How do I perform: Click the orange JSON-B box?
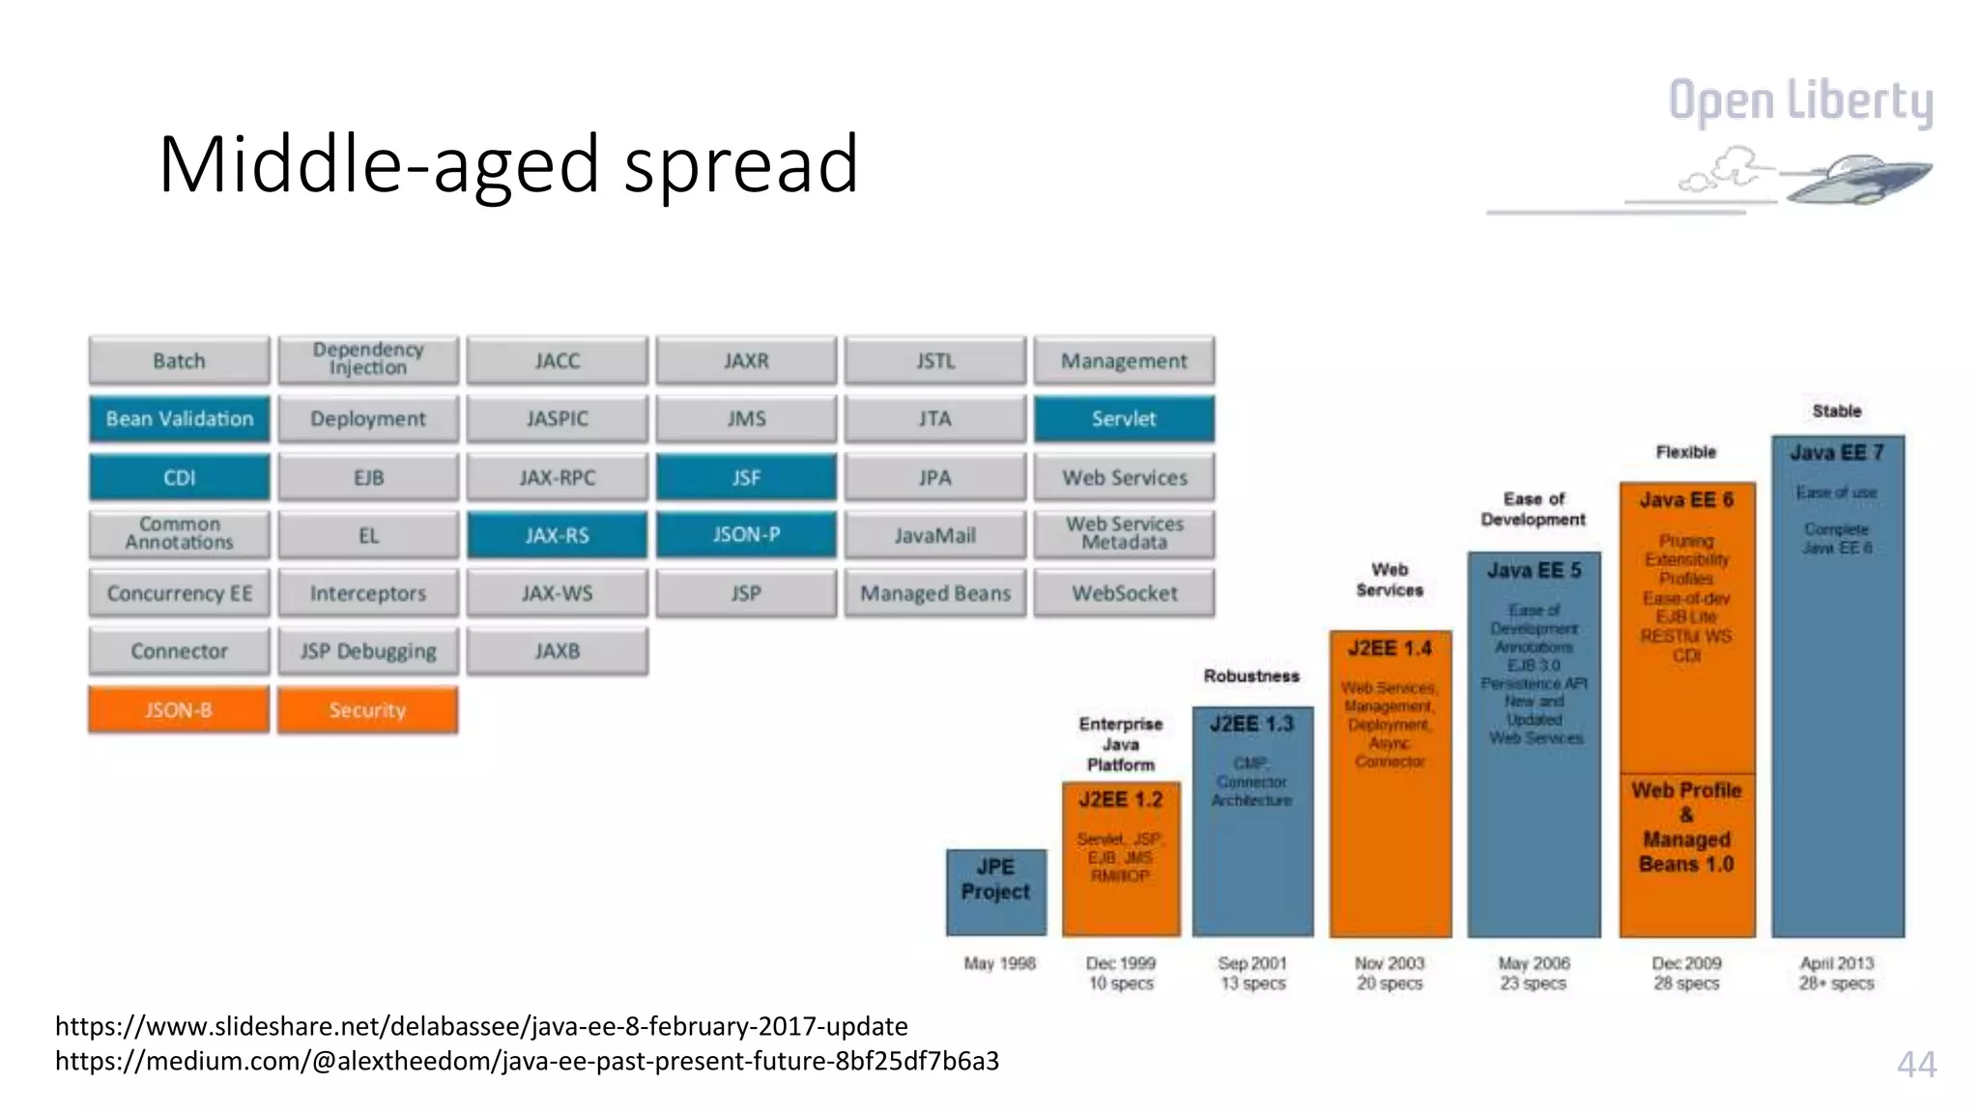[x=179, y=710]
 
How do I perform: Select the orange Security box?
[x=367, y=710]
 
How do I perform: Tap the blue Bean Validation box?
[x=179, y=419]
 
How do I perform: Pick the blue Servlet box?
[x=1124, y=419]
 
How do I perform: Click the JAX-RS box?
[x=557, y=535]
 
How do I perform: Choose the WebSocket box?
[x=1124, y=593]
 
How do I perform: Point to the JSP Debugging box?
[x=367, y=651]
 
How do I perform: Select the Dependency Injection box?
[x=367, y=359]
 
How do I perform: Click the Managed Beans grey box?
[x=934, y=593]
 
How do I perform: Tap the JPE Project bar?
[x=995, y=891]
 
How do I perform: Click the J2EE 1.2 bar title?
[x=1121, y=800]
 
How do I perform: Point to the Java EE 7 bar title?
[x=1836, y=453]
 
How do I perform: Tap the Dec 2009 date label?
[x=1686, y=963]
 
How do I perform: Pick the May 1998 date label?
[x=999, y=963]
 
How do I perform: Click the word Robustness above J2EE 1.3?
[x=1251, y=676]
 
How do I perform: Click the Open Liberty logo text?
[x=1800, y=101]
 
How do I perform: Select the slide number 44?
[x=1916, y=1064]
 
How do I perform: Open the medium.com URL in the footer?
[x=527, y=1061]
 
